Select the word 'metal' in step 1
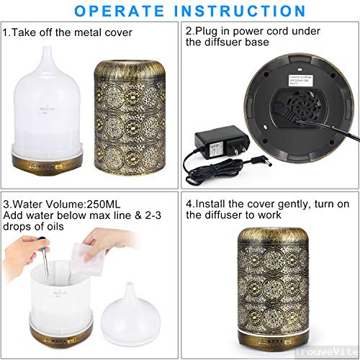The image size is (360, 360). [x=94, y=32]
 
